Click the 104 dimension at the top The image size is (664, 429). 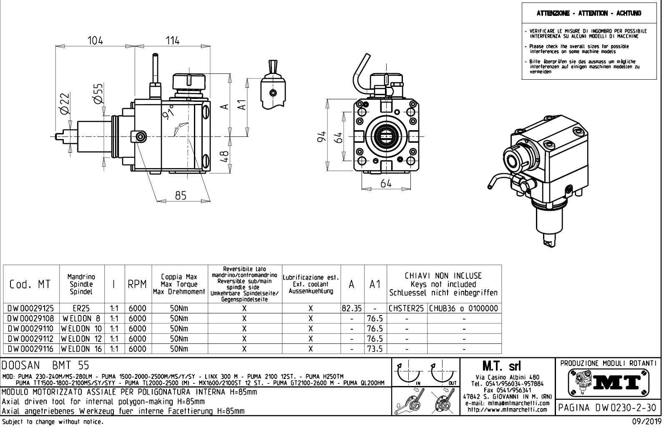click(x=95, y=40)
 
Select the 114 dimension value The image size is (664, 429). click(x=172, y=40)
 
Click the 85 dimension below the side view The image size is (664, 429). click(x=180, y=195)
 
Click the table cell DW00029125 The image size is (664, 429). click(x=31, y=309)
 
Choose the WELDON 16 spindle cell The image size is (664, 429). click(x=82, y=349)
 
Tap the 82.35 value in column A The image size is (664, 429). click(x=351, y=309)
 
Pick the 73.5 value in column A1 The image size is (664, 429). click(x=375, y=349)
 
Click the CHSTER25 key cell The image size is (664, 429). click(x=407, y=309)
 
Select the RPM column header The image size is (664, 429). click(x=138, y=284)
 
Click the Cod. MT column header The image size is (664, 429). click(x=30, y=284)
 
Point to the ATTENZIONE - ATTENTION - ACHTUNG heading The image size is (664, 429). click(x=589, y=13)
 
